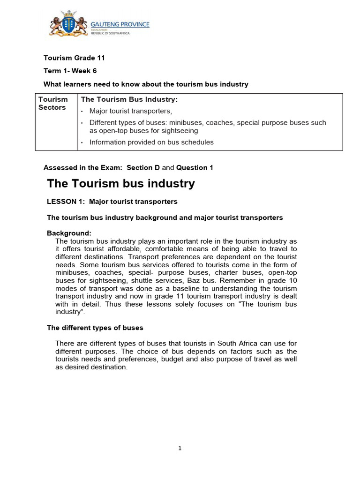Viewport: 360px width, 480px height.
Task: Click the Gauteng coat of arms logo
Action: coord(68,23)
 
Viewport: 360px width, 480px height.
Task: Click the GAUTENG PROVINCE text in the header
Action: coord(120,24)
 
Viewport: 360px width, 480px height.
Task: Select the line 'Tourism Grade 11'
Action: coord(74,58)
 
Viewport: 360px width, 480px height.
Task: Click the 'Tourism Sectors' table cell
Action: coord(53,104)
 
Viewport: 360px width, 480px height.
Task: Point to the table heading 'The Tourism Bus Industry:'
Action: coord(129,99)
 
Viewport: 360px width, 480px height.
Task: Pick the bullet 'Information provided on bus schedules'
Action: coord(151,142)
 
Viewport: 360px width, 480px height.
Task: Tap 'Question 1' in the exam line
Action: coord(195,168)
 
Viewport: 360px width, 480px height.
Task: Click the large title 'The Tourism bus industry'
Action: coord(121,184)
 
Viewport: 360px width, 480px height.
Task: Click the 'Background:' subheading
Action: coord(69,233)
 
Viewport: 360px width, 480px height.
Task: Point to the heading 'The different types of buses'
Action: coord(95,328)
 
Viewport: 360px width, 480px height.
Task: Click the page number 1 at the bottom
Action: coord(180,448)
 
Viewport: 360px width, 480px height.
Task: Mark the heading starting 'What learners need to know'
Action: coord(146,84)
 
